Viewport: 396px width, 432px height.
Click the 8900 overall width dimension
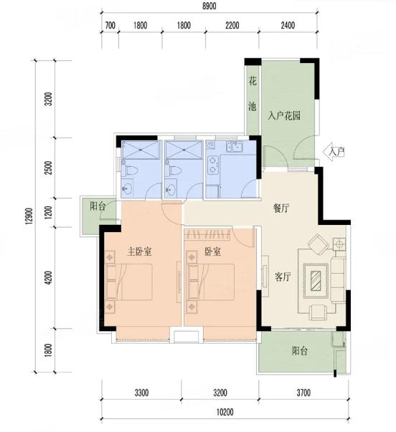tap(209, 6)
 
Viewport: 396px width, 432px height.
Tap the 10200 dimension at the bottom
tap(225, 412)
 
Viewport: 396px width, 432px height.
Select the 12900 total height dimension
tap(29, 216)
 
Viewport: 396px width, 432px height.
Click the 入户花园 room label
tap(284, 116)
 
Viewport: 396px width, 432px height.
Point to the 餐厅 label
tap(281, 208)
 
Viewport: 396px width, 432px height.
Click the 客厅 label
tap(283, 277)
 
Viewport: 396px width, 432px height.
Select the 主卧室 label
tap(139, 251)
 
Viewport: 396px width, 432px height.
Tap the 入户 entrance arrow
tap(335, 152)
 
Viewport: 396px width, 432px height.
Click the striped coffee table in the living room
tap(316, 281)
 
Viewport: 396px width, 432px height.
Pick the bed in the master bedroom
tap(129, 282)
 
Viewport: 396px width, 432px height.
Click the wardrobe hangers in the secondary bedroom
tap(208, 234)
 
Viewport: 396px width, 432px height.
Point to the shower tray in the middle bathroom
tap(184, 150)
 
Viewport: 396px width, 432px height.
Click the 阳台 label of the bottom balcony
tap(300, 351)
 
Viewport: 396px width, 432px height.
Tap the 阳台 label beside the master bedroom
tap(98, 206)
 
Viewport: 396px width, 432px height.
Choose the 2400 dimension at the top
tap(288, 26)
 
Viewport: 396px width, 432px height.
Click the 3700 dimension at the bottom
tap(303, 393)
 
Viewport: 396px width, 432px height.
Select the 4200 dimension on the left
tap(49, 277)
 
